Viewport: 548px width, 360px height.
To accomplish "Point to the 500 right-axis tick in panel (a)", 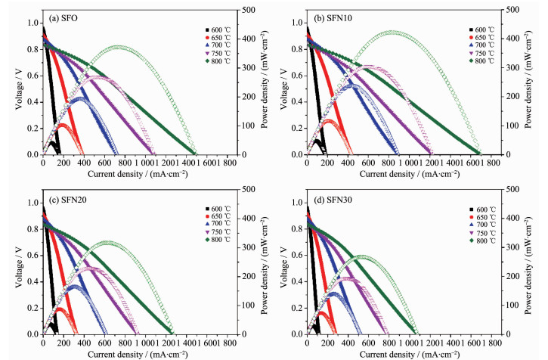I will point(247,9).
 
